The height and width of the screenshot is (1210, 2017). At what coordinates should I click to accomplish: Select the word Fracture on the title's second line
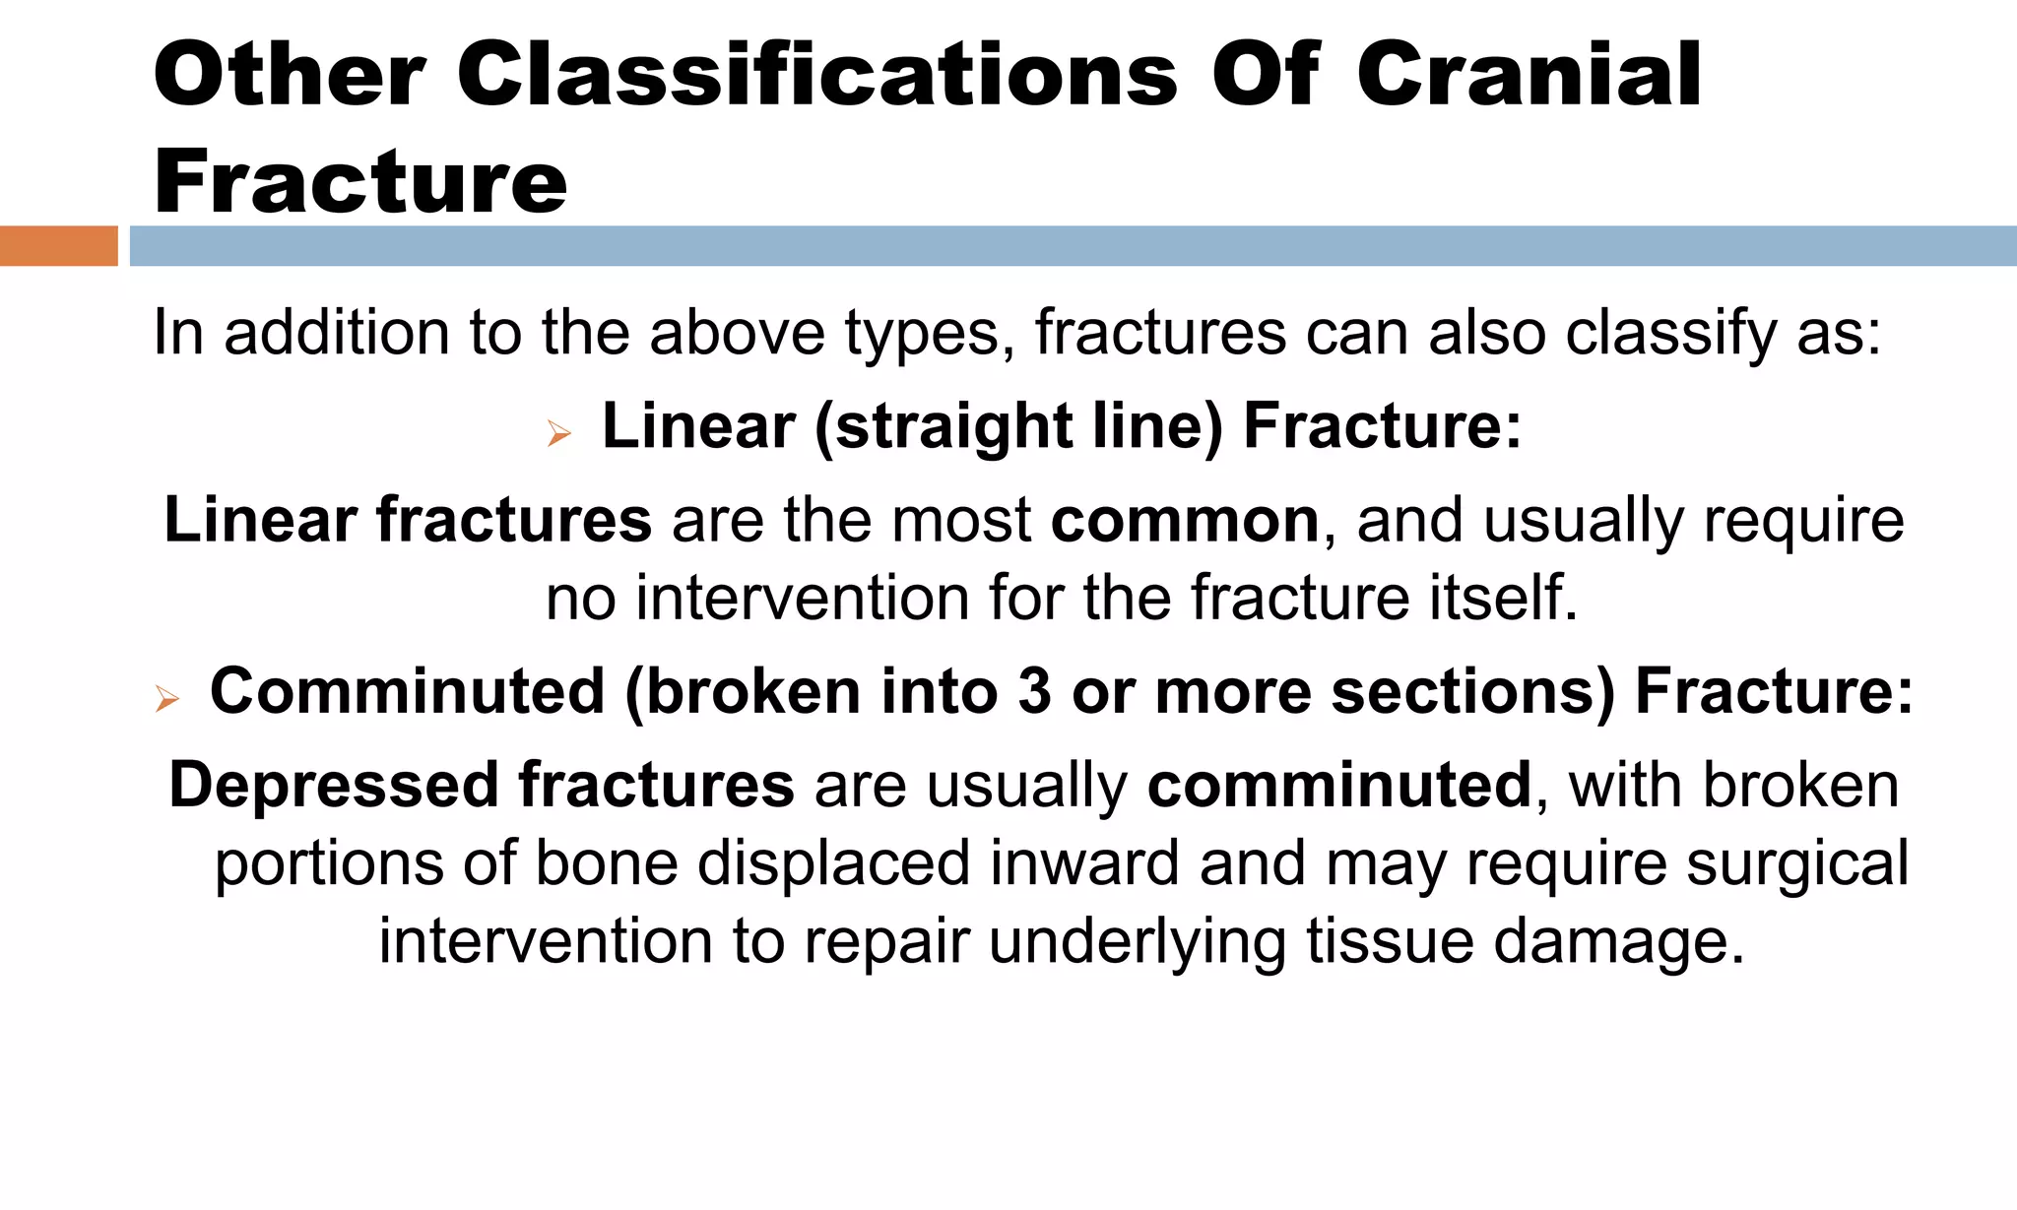(360, 181)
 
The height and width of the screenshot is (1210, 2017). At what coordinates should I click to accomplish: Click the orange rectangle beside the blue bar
(58, 246)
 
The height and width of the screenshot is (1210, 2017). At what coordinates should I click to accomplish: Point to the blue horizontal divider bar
(1072, 246)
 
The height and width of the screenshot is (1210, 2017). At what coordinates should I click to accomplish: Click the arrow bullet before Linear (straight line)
(558, 432)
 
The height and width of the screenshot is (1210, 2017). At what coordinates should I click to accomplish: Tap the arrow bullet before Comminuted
(166, 699)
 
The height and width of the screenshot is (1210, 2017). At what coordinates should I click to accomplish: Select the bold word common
(1185, 520)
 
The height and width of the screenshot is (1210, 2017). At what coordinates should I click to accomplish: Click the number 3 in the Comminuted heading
(1034, 691)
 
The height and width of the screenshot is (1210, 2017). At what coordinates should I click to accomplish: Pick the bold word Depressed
(334, 786)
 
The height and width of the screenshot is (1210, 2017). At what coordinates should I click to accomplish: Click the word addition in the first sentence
(337, 333)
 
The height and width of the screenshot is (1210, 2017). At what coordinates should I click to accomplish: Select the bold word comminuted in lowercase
(1339, 786)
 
